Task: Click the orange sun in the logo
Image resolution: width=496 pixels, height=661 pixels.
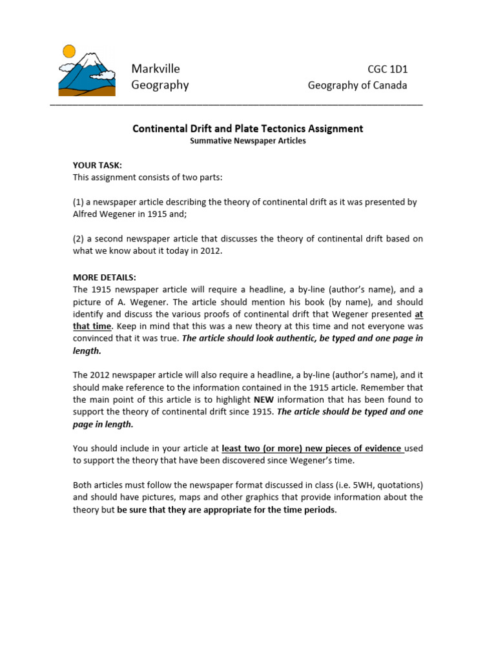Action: [68, 50]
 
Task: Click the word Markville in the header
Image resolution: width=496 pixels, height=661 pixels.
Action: [156, 69]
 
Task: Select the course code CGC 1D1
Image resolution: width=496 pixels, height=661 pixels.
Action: [387, 70]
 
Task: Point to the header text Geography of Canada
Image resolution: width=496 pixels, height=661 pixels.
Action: [357, 85]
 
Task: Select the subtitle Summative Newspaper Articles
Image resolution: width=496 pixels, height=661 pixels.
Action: [248, 141]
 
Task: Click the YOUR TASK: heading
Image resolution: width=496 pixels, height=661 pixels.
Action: [97, 165]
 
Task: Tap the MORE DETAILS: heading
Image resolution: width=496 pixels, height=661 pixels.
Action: [105, 277]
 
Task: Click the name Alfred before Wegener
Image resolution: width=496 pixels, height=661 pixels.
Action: [85, 214]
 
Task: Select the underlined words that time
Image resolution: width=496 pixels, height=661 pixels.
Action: [92, 326]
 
